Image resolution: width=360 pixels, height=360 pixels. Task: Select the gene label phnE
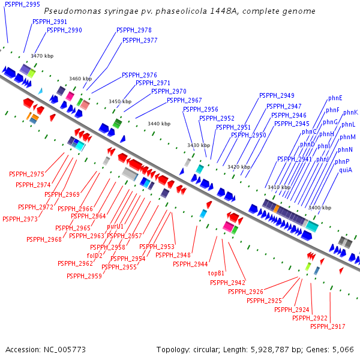tap(335, 98)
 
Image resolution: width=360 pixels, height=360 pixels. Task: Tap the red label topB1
tap(216, 273)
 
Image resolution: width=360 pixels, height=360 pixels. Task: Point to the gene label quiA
tap(346, 170)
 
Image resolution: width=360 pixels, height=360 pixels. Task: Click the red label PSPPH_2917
tap(328, 326)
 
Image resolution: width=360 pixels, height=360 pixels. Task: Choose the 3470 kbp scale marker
tap(41, 56)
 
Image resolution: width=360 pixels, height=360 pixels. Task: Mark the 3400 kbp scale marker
tap(319, 208)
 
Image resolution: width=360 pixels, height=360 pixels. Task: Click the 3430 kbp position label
tap(198, 145)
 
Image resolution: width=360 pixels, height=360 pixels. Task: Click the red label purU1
tap(115, 226)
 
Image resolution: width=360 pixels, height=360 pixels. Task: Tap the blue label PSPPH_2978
tap(134, 30)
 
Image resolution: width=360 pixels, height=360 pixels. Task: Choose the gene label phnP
tap(342, 161)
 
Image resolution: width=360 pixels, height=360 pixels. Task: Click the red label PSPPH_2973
tap(20, 219)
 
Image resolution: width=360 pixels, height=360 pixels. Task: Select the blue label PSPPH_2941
tap(295, 159)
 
